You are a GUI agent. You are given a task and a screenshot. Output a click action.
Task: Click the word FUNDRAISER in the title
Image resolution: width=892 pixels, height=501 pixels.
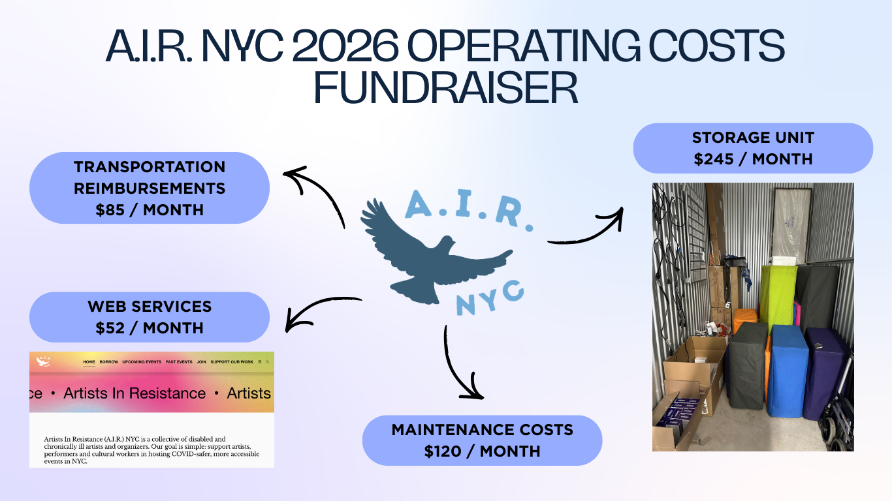click(446, 88)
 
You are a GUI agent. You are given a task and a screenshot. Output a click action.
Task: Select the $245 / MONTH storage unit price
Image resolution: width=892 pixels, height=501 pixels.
click(753, 159)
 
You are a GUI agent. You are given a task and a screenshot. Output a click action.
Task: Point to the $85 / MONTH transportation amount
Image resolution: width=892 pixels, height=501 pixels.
click(150, 210)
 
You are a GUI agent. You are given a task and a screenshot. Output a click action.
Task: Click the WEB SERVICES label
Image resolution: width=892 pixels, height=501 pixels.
click(150, 306)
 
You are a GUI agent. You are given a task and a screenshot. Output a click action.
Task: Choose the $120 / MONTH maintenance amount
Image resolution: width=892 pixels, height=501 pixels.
click(482, 451)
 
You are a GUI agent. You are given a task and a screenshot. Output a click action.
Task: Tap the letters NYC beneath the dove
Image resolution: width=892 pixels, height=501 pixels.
click(490, 297)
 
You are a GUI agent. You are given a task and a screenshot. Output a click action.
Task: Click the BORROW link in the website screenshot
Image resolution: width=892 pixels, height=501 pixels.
click(109, 361)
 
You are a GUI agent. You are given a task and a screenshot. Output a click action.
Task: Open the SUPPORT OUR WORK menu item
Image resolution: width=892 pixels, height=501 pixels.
click(232, 361)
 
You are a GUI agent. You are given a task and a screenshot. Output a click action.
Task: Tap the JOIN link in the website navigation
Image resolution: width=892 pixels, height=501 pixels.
click(201, 361)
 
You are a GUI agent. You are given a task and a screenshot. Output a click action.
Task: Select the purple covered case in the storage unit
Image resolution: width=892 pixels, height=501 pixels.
click(825, 372)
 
